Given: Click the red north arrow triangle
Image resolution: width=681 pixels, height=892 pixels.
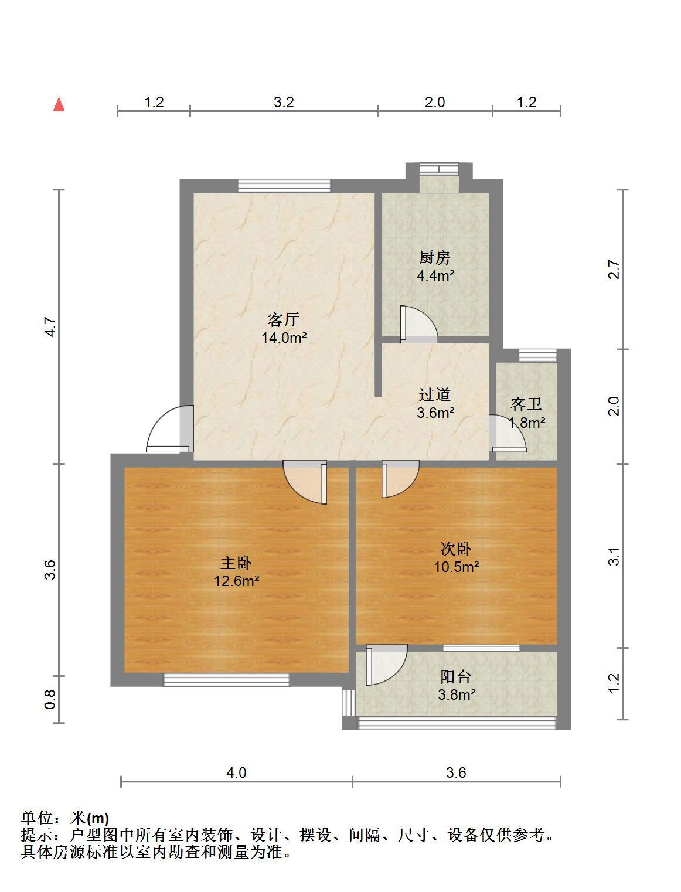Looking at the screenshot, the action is click(x=59, y=104).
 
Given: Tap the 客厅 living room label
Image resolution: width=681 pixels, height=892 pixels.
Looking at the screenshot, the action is click(x=284, y=319).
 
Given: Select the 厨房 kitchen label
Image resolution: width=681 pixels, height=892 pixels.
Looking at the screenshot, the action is click(x=435, y=257).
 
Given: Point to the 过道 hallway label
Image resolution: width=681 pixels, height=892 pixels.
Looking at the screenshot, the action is click(x=435, y=394).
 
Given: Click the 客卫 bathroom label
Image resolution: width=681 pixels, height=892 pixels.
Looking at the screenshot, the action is click(x=526, y=404).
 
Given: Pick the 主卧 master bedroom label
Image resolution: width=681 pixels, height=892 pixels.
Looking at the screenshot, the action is click(x=237, y=563).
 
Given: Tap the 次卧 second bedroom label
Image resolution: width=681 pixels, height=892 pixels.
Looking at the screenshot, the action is click(x=456, y=549).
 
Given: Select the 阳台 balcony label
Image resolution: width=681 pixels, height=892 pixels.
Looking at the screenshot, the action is click(x=456, y=677).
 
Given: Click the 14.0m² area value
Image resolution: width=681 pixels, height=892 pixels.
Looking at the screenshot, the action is click(x=284, y=338).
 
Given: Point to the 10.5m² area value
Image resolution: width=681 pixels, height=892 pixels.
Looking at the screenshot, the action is click(x=457, y=567).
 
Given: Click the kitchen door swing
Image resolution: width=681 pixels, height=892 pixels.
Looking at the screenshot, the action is click(x=418, y=325).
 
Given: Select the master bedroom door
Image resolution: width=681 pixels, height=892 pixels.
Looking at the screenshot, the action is click(x=305, y=482).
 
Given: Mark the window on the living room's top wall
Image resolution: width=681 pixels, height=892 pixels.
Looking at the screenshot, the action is click(x=284, y=186).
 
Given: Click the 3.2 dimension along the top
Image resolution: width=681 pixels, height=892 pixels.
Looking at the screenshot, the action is click(x=284, y=102).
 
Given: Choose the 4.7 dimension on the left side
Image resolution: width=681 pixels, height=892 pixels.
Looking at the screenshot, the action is click(x=50, y=326).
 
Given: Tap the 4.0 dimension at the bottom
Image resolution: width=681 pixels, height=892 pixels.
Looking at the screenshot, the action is click(x=236, y=772).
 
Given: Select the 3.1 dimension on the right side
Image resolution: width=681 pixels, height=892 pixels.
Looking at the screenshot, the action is click(x=614, y=556).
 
